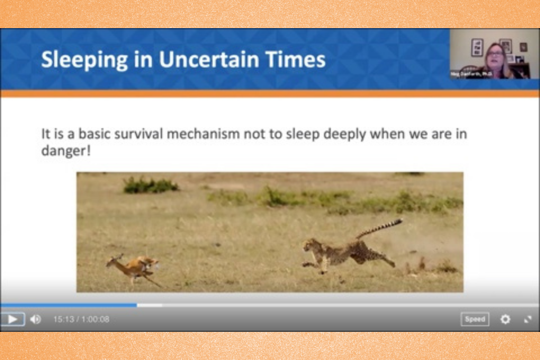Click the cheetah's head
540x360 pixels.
click(x=310, y=246)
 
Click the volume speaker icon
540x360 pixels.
click(x=35, y=319)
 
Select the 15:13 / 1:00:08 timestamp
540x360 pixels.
click(x=82, y=319)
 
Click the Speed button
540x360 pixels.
click(x=475, y=319)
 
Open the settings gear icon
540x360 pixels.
click(x=505, y=319)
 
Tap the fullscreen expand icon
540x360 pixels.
click(x=528, y=319)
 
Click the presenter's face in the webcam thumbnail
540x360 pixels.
click(x=495, y=56)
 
